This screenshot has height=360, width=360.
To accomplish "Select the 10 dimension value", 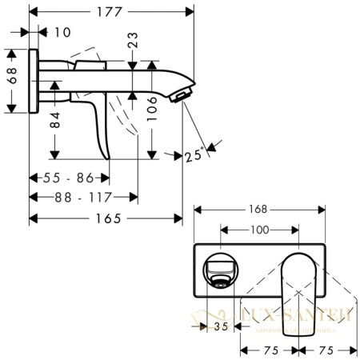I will [x=62, y=31].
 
